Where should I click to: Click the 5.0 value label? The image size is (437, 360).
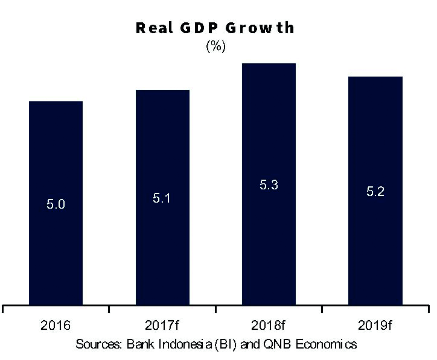pyautogui.click(x=56, y=204)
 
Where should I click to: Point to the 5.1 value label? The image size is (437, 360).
pyautogui.click(x=162, y=198)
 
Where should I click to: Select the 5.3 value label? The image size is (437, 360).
pyautogui.click(x=269, y=185)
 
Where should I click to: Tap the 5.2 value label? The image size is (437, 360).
pyautogui.click(x=375, y=192)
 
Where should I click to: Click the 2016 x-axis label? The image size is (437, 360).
pyautogui.click(x=56, y=326)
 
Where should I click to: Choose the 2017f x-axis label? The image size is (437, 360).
pyautogui.click(x=162, y=326)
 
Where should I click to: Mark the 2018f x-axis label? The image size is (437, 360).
pyautogui.click(x=269, y=326)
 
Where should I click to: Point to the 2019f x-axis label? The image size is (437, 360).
pyautogui.click(x=375, y=326)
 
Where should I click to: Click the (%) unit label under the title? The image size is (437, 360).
pyautogui.click(x=215, y=47)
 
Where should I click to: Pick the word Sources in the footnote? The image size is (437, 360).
pyautogui.click(x=98, y=344)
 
